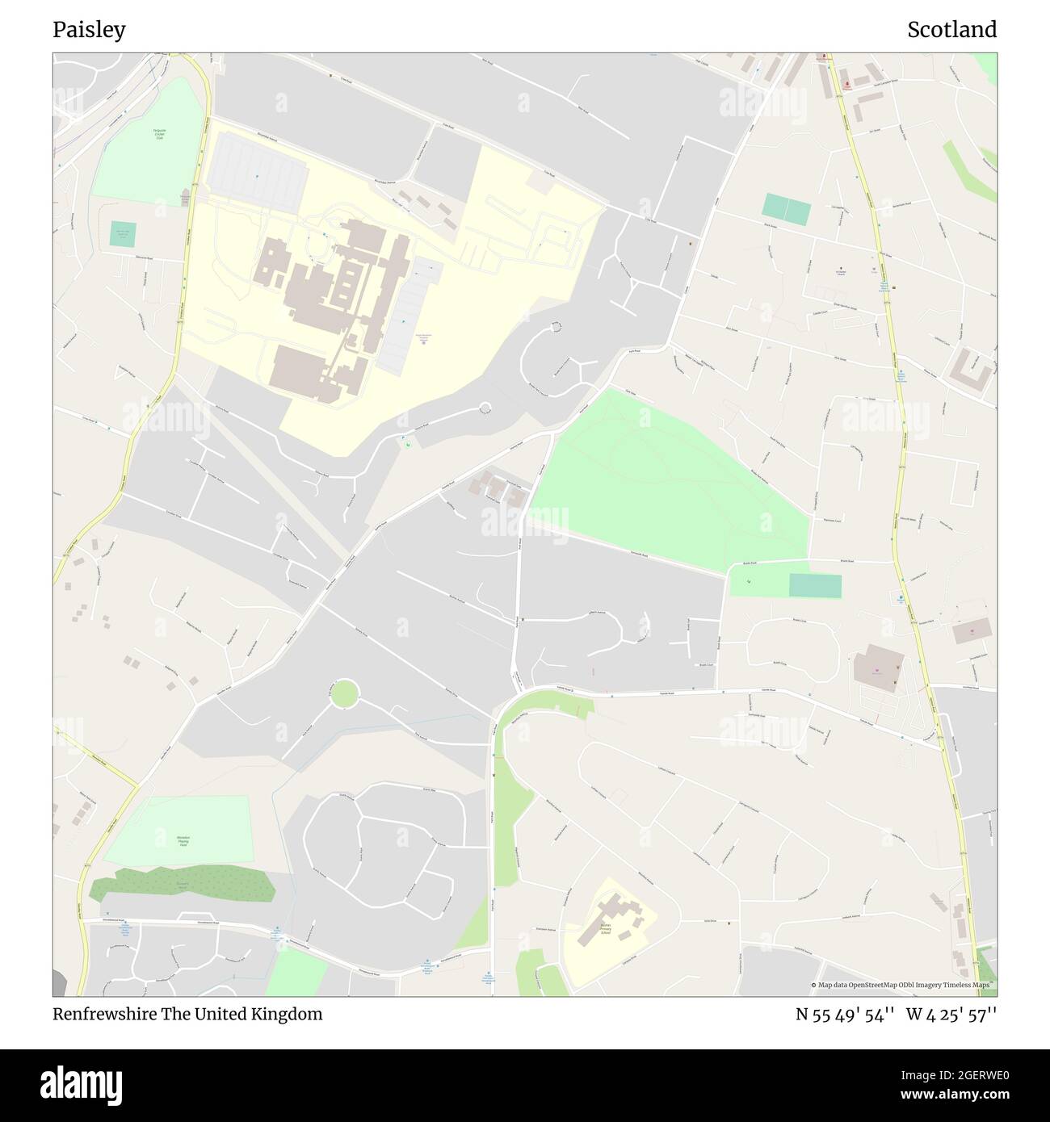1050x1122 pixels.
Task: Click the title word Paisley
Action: click(x=89, y=30)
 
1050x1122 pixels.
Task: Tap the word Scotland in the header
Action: click(x=951, y=30)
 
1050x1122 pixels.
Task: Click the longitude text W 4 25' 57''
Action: click(x=951, y=1015)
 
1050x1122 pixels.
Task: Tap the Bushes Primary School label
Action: click(x=605, y=930)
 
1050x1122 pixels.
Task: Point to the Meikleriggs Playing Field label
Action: click(x=183, y=840)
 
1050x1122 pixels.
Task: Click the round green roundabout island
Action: click(x=345, y=693)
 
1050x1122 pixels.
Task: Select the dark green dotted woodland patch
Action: click(x=183, y=885)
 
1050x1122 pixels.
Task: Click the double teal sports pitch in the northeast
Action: click(x=786, y=210)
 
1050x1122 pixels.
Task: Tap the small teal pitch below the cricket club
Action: click(x=123, y=235)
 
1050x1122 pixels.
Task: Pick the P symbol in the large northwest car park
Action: click(x=258, y=176)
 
